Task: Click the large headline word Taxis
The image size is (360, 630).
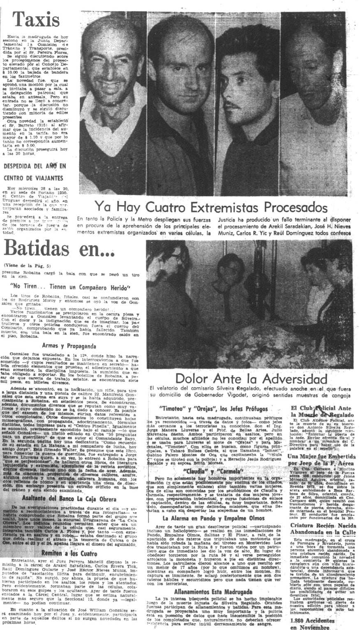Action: pyautogui.click(x=36, y=20)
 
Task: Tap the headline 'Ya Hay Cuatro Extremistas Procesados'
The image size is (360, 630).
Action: pyautogui.click(x=211, y=206)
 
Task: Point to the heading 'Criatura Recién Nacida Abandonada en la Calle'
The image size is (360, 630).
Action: pyautogui.click(x=322, y=529)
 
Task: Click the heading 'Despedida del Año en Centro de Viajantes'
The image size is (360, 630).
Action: pyautogui.click(x=35, y=172)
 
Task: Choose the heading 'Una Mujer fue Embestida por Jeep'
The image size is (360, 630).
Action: pyautogui.click(x=322, y=460)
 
